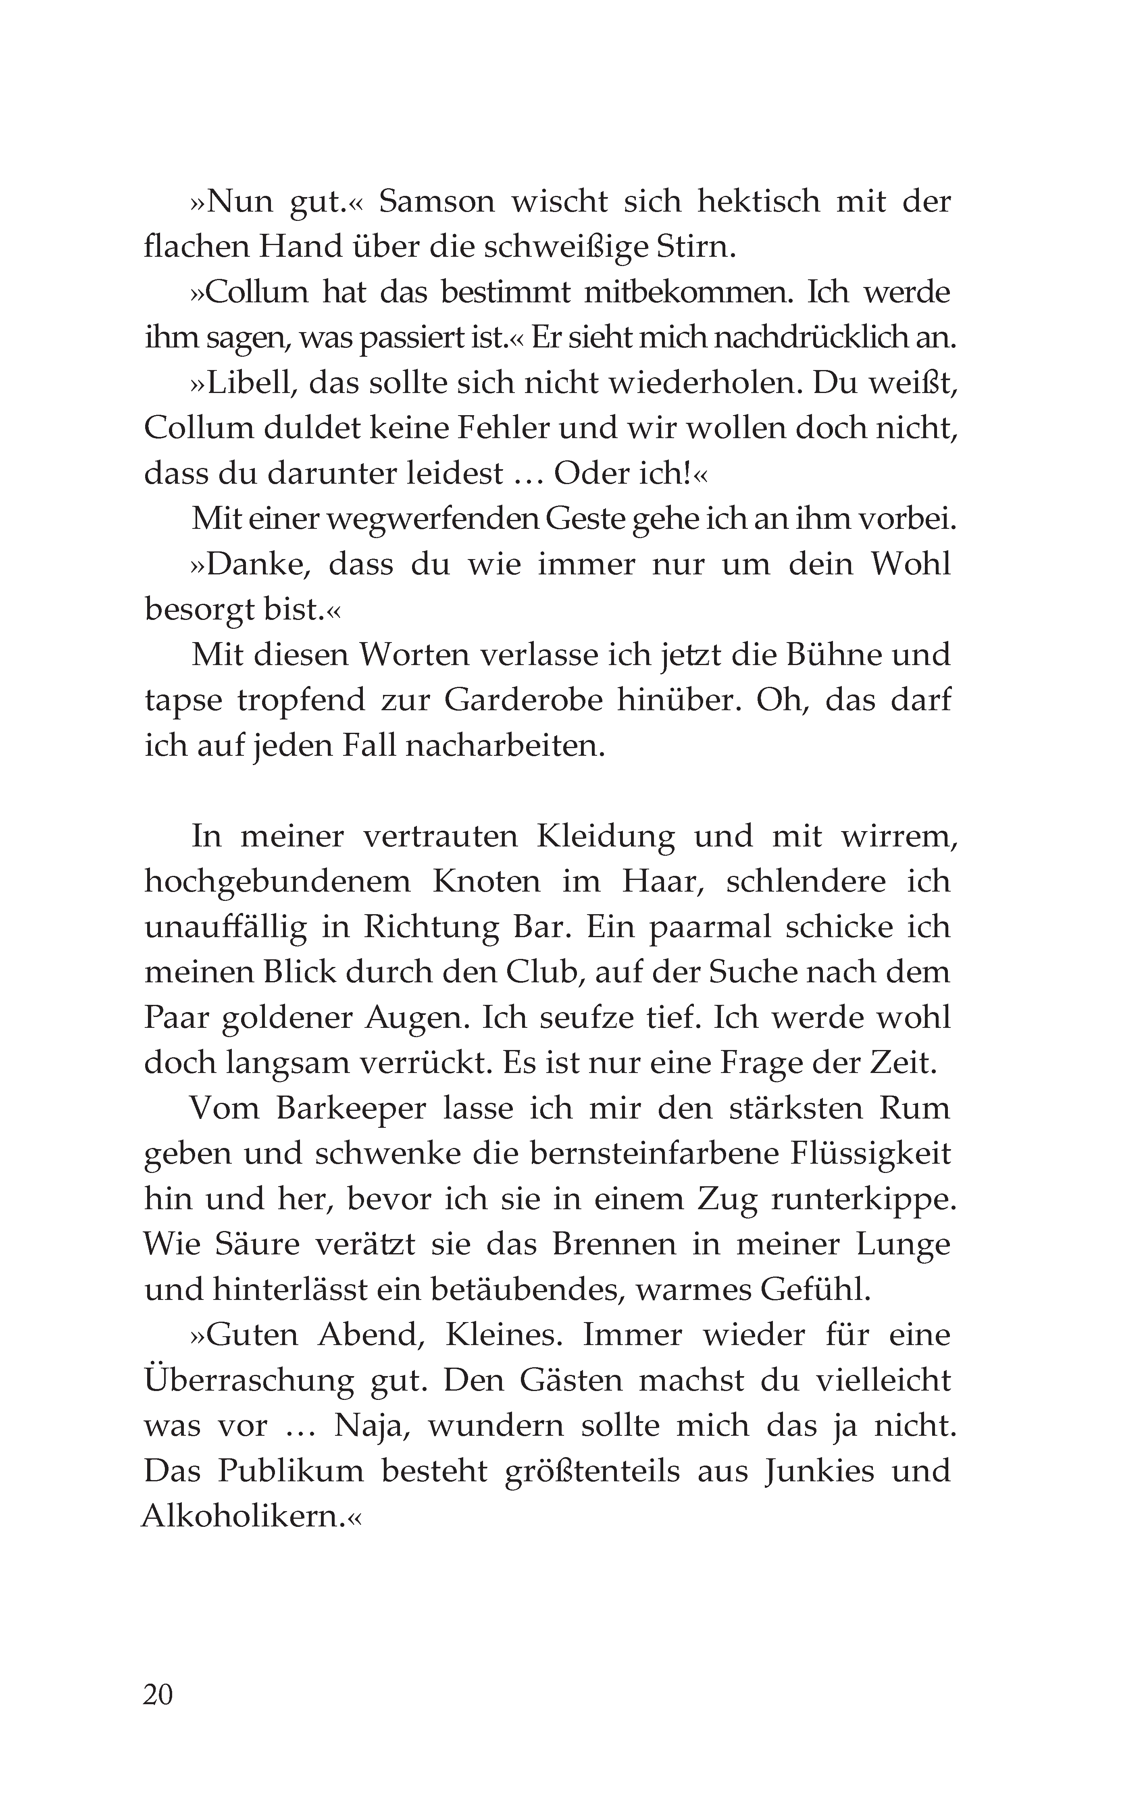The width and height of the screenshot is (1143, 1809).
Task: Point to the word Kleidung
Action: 605,837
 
